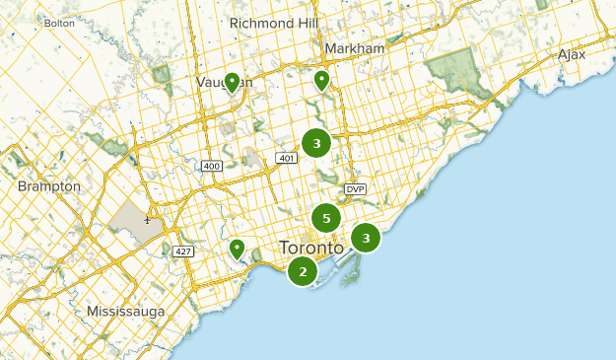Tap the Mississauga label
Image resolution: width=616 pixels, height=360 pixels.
point(126,311)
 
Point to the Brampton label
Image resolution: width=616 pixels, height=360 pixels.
point(48,185)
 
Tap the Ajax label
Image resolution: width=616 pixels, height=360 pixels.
point(571,54)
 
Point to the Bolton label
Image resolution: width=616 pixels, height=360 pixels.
point(59,22)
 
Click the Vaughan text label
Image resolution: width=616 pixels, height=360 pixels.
point(224,82)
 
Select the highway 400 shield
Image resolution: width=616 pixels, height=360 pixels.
point(211,166)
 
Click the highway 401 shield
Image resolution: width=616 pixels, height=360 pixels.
point(287,158)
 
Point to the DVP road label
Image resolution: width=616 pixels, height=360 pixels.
point(355,188)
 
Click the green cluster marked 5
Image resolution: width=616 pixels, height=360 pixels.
point(326,218)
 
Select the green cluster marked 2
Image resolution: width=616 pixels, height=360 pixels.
point(303,271)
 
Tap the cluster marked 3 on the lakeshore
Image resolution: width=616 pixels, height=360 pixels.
point(366,238)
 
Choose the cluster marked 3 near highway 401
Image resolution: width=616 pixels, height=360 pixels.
point(316,144)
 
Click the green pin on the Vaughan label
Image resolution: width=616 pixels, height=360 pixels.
point(233,82)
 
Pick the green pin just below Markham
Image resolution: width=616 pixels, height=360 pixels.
point(322,80)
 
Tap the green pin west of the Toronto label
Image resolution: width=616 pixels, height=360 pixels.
point(237,250)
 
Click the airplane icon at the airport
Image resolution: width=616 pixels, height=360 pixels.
point(147,219)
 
